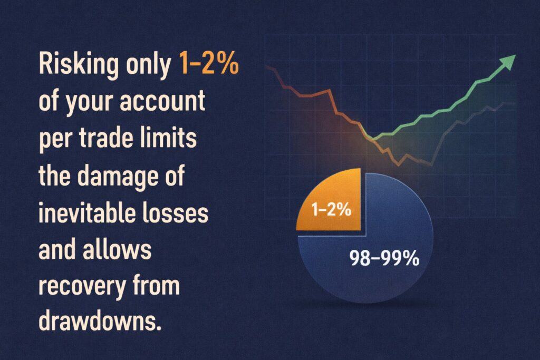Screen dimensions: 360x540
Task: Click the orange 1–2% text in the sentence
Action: coord(209,66)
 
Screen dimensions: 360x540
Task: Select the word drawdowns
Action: coord(98,320)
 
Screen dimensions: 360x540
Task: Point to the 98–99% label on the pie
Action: coord(383,258)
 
